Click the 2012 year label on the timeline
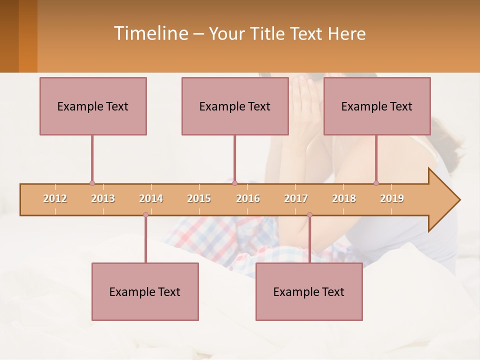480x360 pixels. [55, 198]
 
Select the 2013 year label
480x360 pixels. [103, 198]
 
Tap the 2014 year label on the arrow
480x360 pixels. [151, 198]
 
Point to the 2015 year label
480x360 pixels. [199, 198]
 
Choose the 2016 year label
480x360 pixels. [248, 198]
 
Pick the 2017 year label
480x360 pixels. [296, 198]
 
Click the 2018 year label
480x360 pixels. [344, 198]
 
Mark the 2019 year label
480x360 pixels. [392, 198]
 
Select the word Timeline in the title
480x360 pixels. [150, 33]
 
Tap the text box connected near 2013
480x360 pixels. [93, 106]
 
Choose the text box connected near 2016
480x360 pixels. [235, 106]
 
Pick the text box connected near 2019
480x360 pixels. [377, 106]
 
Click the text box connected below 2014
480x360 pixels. [145, 291]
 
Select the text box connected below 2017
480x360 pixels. [309, 291]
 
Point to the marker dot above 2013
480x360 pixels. [92, 183]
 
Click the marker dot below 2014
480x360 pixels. [145, 215]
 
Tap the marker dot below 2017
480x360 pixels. [309, 215]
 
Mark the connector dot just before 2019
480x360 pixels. [376, 183]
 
